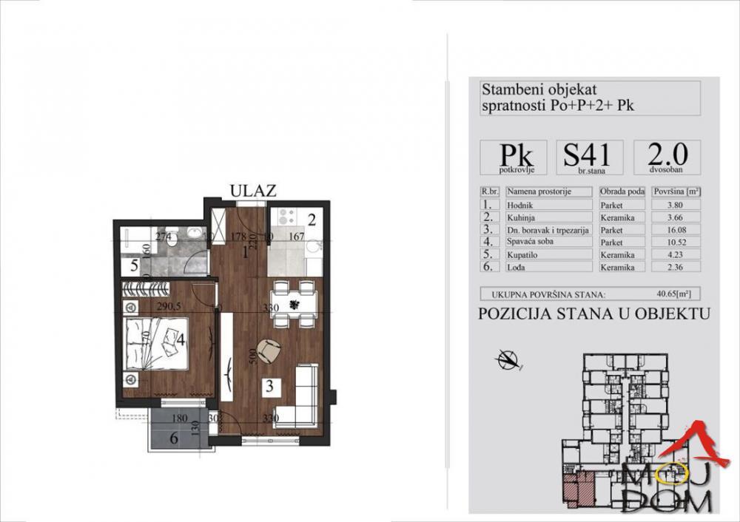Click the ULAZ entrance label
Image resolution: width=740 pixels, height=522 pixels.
pos(253,191)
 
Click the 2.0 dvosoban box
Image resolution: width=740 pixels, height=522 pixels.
pos(667,157)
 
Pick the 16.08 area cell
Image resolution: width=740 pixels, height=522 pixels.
pos(676,229)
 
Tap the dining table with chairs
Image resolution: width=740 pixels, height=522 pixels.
pos(294,303)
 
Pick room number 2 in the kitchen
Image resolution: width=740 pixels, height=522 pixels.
pos(312,219)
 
